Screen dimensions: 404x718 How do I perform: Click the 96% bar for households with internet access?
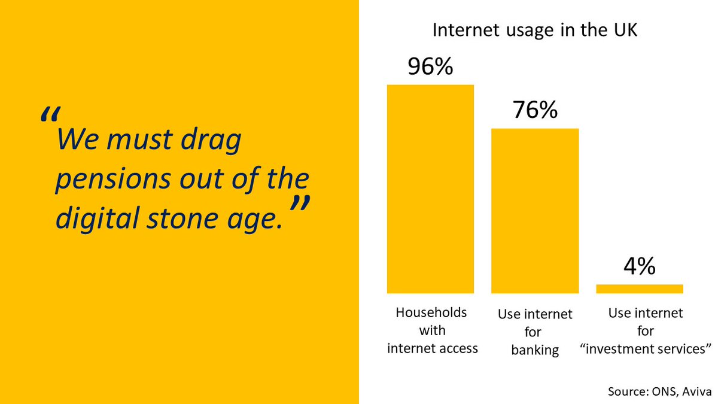pos(430,189)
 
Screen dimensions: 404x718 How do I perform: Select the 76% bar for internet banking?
pos(535,211)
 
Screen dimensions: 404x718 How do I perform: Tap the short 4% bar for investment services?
pos(640,289)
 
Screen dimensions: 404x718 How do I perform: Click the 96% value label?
pos(430,67)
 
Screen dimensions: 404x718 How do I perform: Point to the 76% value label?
pos(535,110)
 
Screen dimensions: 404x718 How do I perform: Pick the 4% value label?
pos(640,266)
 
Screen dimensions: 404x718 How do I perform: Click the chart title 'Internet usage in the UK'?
pos(535,31)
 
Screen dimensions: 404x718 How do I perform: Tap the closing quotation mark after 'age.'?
pos(300,205)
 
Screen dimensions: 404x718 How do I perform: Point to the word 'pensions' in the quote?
pos(111,180)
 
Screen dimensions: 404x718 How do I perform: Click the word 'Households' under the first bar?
pos(431,313)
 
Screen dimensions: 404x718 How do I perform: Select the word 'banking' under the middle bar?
pos(535,350)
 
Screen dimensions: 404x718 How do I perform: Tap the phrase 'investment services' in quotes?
pos(646,349)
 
